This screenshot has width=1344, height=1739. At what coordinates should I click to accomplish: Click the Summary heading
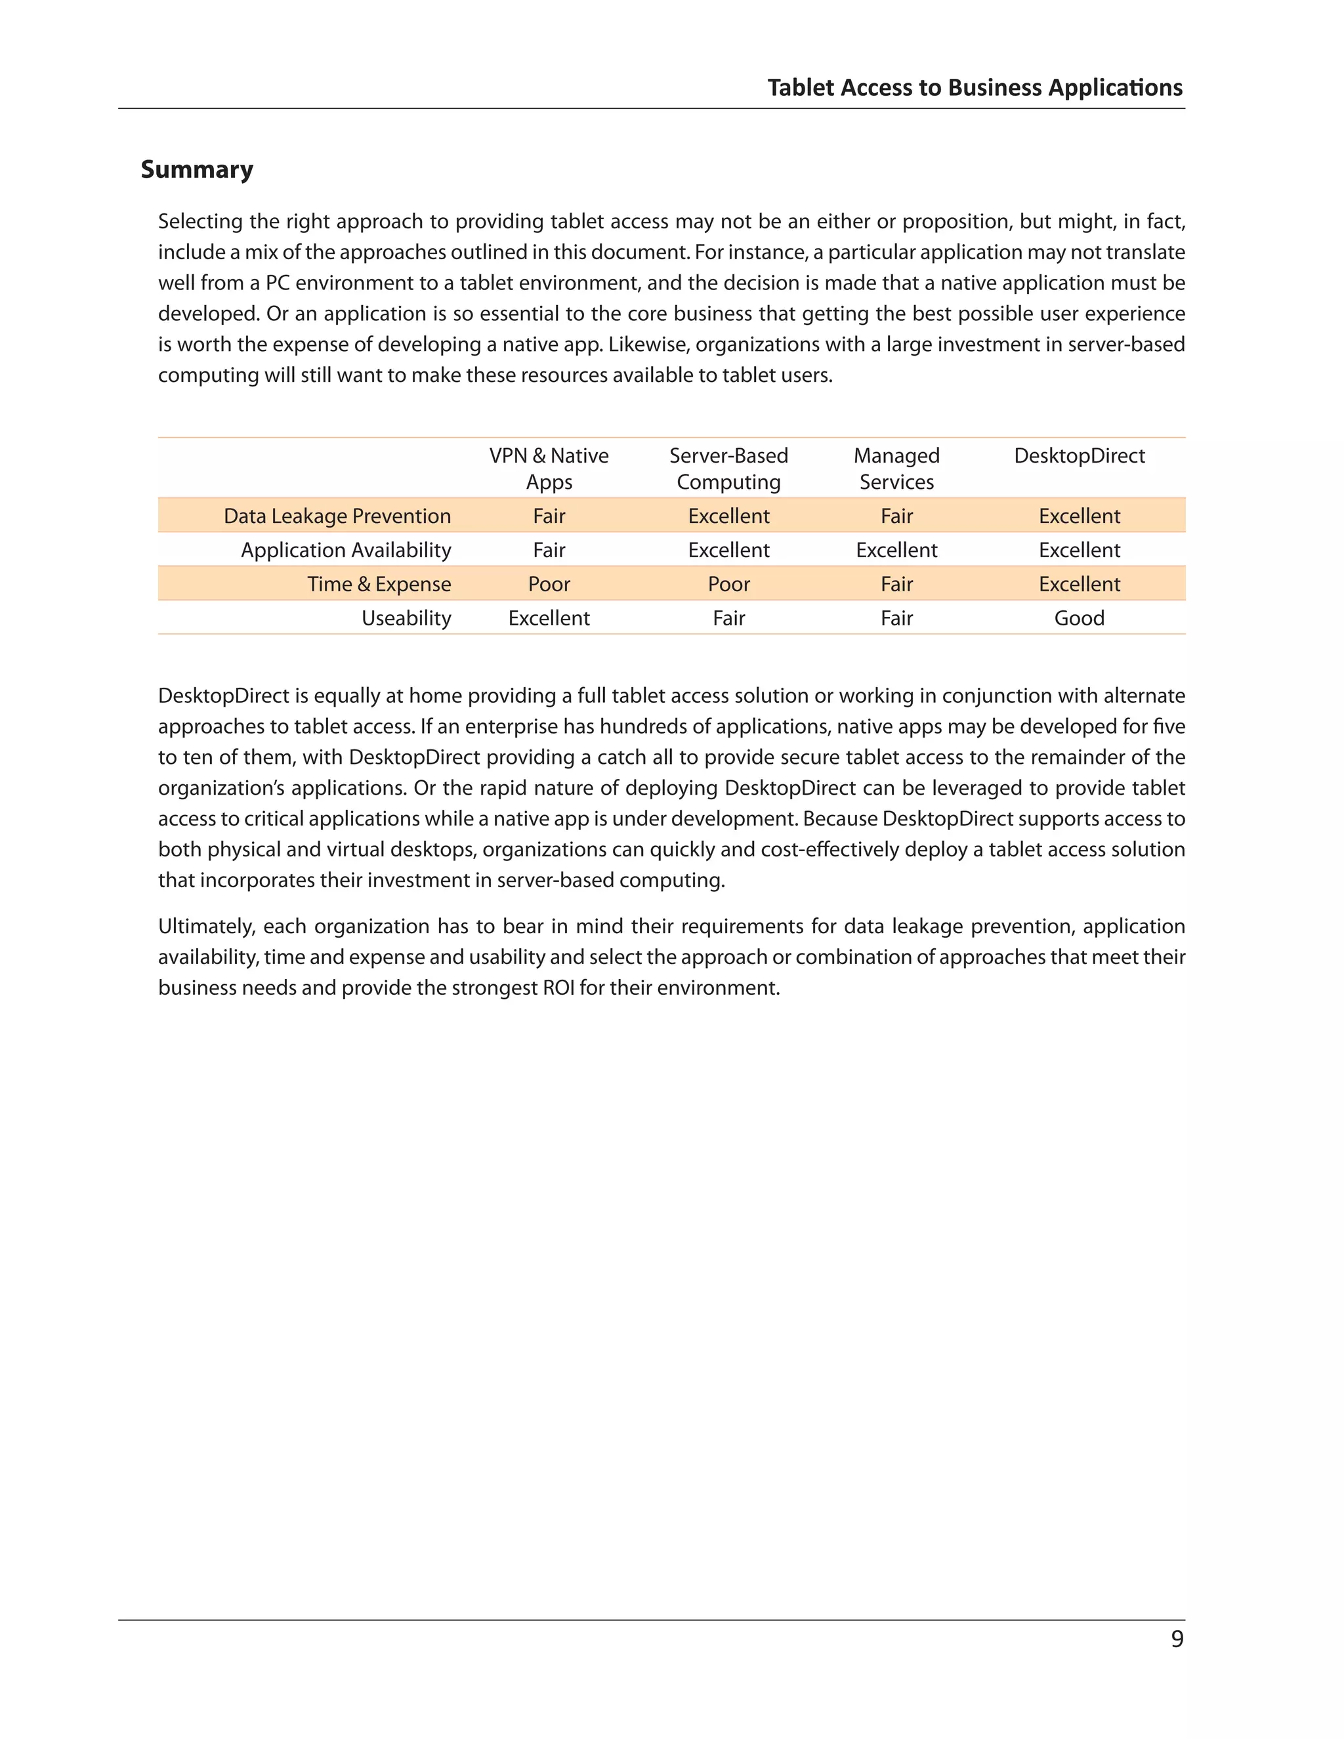click(197, 169)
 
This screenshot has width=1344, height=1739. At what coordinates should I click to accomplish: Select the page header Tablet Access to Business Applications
click(975, 87)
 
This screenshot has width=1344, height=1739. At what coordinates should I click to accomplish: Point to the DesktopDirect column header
click(1079, 456)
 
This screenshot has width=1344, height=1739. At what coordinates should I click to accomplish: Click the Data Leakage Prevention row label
click(337, 516)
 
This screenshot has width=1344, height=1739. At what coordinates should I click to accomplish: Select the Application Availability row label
click(346, 550)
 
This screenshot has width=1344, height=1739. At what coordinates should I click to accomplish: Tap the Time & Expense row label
click(379, 585)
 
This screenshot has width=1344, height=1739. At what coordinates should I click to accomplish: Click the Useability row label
click(406, 619)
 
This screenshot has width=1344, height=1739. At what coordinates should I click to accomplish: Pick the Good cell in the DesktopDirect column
click(1079, 619)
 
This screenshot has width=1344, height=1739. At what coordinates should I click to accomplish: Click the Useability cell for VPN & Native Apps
click(549, 619)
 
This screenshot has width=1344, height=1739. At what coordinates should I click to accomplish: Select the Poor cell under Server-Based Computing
click(728, 585)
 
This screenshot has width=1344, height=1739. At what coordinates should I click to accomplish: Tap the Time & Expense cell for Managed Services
click(896, 585)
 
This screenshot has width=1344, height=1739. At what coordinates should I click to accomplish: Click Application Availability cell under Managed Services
click(896, 550)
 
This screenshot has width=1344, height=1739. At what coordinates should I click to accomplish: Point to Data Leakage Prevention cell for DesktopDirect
click(1079, 516)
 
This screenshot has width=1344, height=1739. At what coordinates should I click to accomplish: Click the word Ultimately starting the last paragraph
click(205, 927)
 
